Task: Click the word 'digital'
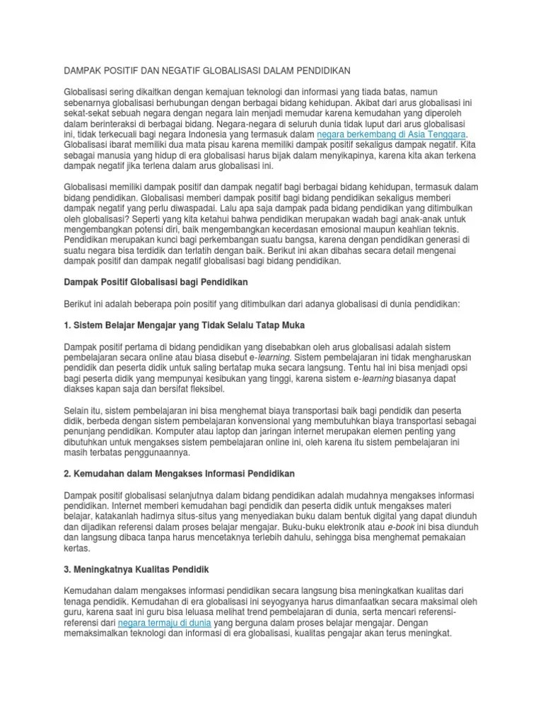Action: [393, 516]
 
